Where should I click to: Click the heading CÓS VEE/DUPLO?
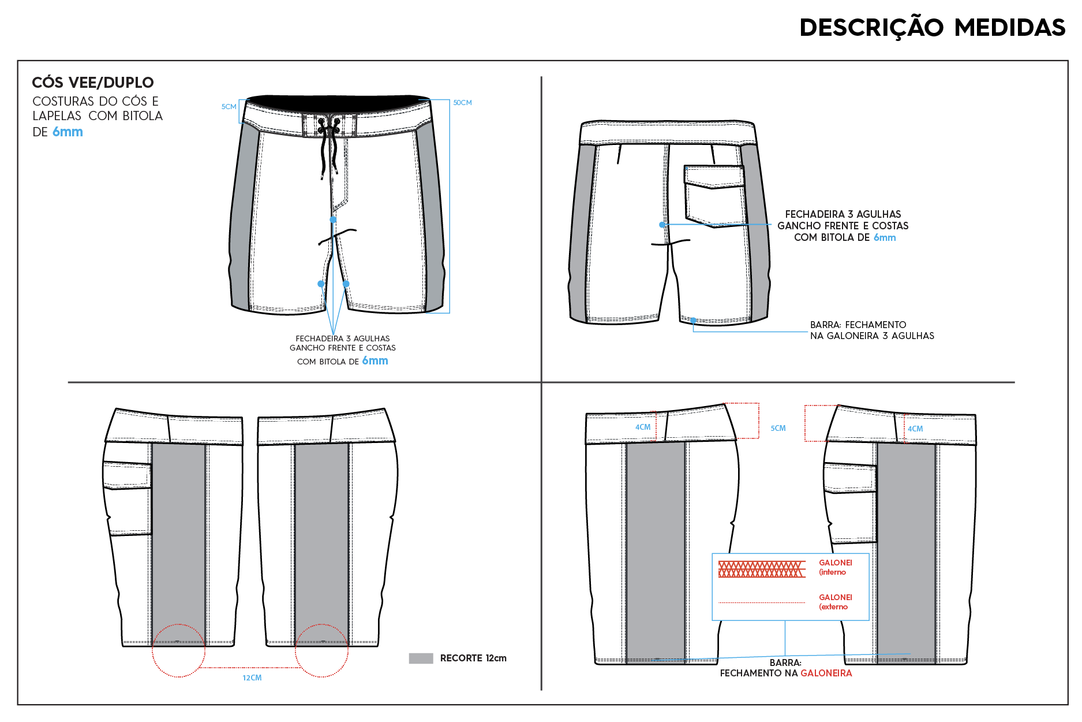[x=93, y=83]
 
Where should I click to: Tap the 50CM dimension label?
[x=462, y=103]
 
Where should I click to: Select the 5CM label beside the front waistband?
[x=229, y=107]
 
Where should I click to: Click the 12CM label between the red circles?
[x=252, y=678]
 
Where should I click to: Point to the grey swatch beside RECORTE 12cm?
[x=421, y=658]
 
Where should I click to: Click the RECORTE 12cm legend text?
[x=473, y=658]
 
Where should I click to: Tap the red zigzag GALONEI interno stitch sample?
[x=762, y=569]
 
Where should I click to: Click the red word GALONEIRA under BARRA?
[x=826, y=673]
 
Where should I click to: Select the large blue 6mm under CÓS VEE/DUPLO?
[x=68, y=132]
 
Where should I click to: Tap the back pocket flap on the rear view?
[x=714, y=177]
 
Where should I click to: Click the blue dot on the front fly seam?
[x=333, y=219]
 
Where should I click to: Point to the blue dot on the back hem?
[x=693, y=320]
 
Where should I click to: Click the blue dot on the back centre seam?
[x=662, y=225]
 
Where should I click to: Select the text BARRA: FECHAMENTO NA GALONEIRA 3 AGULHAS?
[x=872, y=330]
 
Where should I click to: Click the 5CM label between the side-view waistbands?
[x=778, y=429]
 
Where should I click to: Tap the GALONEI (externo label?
[x=836, y=602]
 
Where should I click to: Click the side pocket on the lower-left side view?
[x=128, y=498]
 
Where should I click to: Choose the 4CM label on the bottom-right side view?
[x=915, y=429]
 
